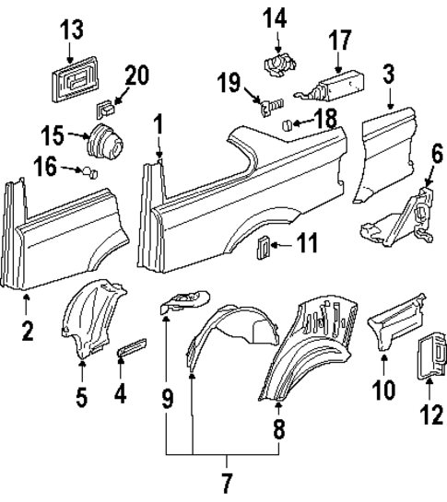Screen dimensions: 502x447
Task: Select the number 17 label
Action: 339,41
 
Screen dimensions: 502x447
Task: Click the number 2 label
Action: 28,329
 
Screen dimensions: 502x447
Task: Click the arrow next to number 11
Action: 282,246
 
